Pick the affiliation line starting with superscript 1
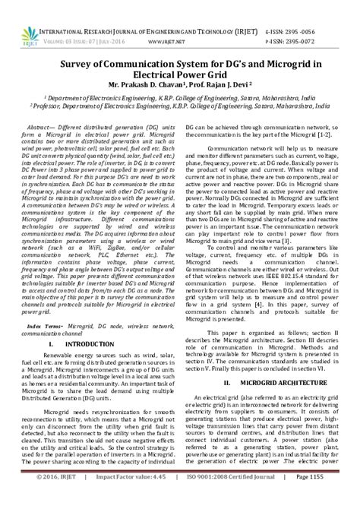[x=180, y=98]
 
